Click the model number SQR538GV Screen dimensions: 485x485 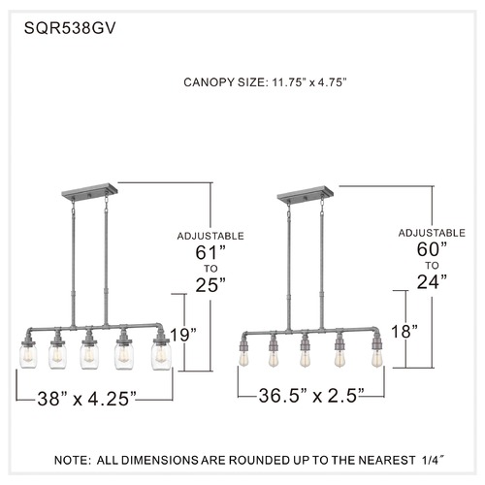70,28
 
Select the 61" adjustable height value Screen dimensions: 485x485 210,252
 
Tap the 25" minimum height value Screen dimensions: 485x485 210,284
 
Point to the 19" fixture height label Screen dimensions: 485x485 183,335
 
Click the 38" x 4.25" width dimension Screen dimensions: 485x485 86,399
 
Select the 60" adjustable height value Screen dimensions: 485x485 432,249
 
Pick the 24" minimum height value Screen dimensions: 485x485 432,281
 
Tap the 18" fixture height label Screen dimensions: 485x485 404,332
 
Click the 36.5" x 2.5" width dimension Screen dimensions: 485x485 311,395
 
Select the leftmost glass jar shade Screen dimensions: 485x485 28,356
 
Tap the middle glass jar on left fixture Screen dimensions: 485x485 89,356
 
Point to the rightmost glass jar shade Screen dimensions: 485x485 161,357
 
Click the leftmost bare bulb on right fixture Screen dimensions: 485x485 243,358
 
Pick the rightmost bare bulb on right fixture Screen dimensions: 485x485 375,359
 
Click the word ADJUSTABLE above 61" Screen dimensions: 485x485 210,236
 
